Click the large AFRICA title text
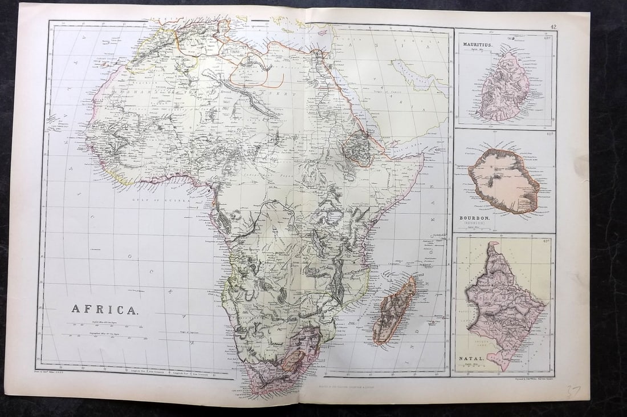point(104,309)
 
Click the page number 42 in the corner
point(553,26)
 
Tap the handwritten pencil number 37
point(572,391)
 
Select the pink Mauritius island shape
point(504,87)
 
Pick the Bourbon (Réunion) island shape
point(504,180)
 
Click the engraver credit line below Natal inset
point(529,378)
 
